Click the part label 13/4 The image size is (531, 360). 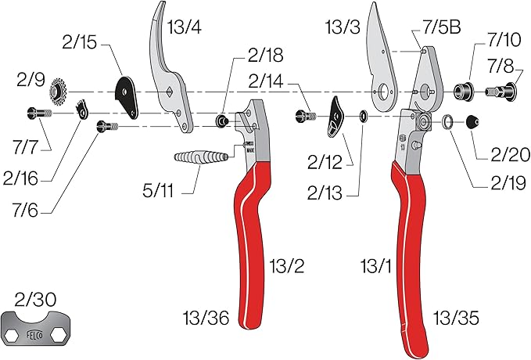tap(185, 27)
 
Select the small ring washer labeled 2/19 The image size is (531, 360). tap(449, 121)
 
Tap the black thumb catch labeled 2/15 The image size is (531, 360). tap(126, 92)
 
